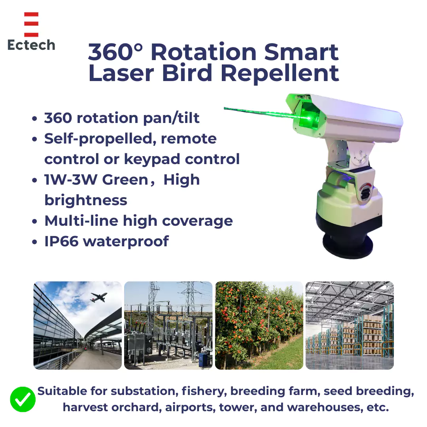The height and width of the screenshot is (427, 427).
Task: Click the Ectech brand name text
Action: point(31,45)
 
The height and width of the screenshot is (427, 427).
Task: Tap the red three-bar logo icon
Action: point(31,24)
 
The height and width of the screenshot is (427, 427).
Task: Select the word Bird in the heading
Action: point(187,73)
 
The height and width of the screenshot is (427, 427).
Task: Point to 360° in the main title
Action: point(115,52)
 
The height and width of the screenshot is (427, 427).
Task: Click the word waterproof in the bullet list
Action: point(126,241)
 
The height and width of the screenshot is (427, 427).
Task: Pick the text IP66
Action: point(62,241)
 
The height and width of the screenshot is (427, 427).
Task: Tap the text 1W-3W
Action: point(71,180)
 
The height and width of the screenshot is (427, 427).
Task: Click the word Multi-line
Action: point(81,221)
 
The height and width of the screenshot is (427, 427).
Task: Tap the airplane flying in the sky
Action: point(98,297)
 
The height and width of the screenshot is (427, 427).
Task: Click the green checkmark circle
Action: point(23,399)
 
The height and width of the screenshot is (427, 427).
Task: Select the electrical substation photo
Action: point(168,325)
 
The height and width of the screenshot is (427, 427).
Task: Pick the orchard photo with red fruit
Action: point(259,325)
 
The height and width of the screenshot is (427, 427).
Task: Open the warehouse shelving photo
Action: point(350,325)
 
